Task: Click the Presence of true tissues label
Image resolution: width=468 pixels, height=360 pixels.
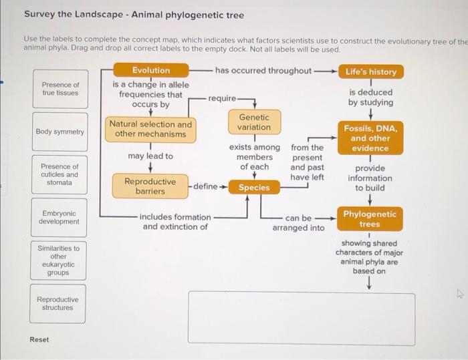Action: [x=60, y=89]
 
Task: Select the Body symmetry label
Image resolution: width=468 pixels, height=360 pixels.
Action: [x=60, y=132]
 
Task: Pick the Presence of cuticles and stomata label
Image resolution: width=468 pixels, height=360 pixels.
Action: [x=60, y=174]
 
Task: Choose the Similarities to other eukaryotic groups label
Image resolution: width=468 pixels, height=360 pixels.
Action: [x=58, y=260]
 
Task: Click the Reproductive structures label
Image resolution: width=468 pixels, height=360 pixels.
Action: [x=58, y=304]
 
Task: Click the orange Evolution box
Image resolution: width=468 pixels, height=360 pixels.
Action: [x=151, y=70]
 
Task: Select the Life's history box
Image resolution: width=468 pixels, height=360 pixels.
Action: [x=371, y=71]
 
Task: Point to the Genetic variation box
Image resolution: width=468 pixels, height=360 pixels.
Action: [x=254, y=122]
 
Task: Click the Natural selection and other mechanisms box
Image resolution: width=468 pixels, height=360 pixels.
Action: [x=150, y=129]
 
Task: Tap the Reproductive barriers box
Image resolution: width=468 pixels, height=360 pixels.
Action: [x=150, y=186]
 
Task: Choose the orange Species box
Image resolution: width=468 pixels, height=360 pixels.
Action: [x=254, y=188]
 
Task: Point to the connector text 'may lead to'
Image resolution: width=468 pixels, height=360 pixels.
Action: [x=150, y=156]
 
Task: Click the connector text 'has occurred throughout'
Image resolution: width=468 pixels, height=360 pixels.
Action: [x=263, y=71]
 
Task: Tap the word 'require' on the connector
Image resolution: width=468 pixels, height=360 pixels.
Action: [x=221, y=98]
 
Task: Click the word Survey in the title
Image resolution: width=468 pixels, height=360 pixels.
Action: [x=40, y=15]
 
